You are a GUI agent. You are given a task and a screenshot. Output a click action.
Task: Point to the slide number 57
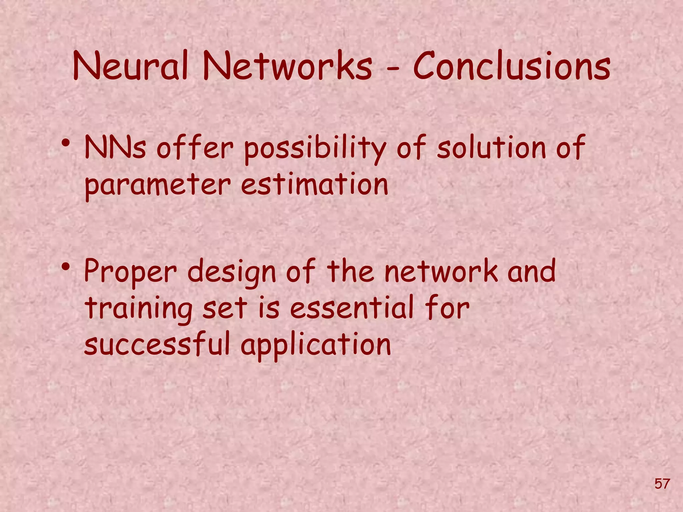[662, 483]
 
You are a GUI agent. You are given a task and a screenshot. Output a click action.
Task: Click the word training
[138, 309]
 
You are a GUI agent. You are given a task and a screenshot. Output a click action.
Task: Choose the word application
[315, 345]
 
